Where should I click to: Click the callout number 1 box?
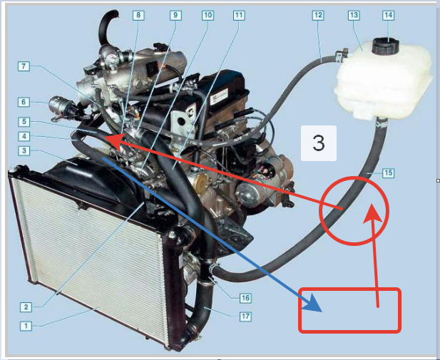click(26, 326)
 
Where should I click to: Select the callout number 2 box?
click(26, 307)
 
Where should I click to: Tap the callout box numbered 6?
click(24, 102)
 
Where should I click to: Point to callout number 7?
click(24, 66)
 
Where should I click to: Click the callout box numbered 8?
click(138, 15)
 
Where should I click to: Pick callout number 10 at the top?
click(208, 15)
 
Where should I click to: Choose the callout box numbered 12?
click(318, 15)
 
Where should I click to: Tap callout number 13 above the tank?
click(354, 15)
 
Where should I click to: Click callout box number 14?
click(388, 15)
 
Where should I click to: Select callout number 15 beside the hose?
click(389, 173)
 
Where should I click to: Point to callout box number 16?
click(245, 298)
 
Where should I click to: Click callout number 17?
click(245, 317)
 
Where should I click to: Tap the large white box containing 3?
click(319, 143)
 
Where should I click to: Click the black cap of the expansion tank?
click(386, 46)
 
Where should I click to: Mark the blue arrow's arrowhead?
click(312, 303)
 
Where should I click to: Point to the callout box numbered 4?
click(24, 136)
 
